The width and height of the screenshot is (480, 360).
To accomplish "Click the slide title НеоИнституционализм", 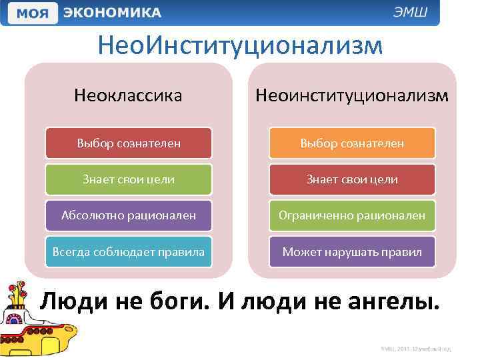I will (x=240, y=46).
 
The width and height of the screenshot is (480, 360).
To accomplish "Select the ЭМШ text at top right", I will (x=417, y=13).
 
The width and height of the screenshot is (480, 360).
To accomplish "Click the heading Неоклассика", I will (x=129, y=96).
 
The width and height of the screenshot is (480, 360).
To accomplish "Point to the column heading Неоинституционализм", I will (x=352, y=96).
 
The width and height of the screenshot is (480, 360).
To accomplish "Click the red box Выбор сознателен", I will (x=129, y=143).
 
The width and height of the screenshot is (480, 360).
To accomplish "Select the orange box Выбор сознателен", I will (x=352, y=143).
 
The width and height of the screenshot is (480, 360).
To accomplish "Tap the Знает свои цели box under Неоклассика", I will (x=129, y=179).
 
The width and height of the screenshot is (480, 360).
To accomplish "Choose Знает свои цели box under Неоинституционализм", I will (x=352, y=179).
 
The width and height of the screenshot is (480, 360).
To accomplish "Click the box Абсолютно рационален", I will (x=129, y=215).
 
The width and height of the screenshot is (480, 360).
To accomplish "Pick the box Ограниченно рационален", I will (x=352, y=215).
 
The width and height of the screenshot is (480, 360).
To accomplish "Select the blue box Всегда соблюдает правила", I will (x=129, y=251).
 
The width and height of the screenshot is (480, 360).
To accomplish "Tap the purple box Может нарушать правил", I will (x=352, y=251).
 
